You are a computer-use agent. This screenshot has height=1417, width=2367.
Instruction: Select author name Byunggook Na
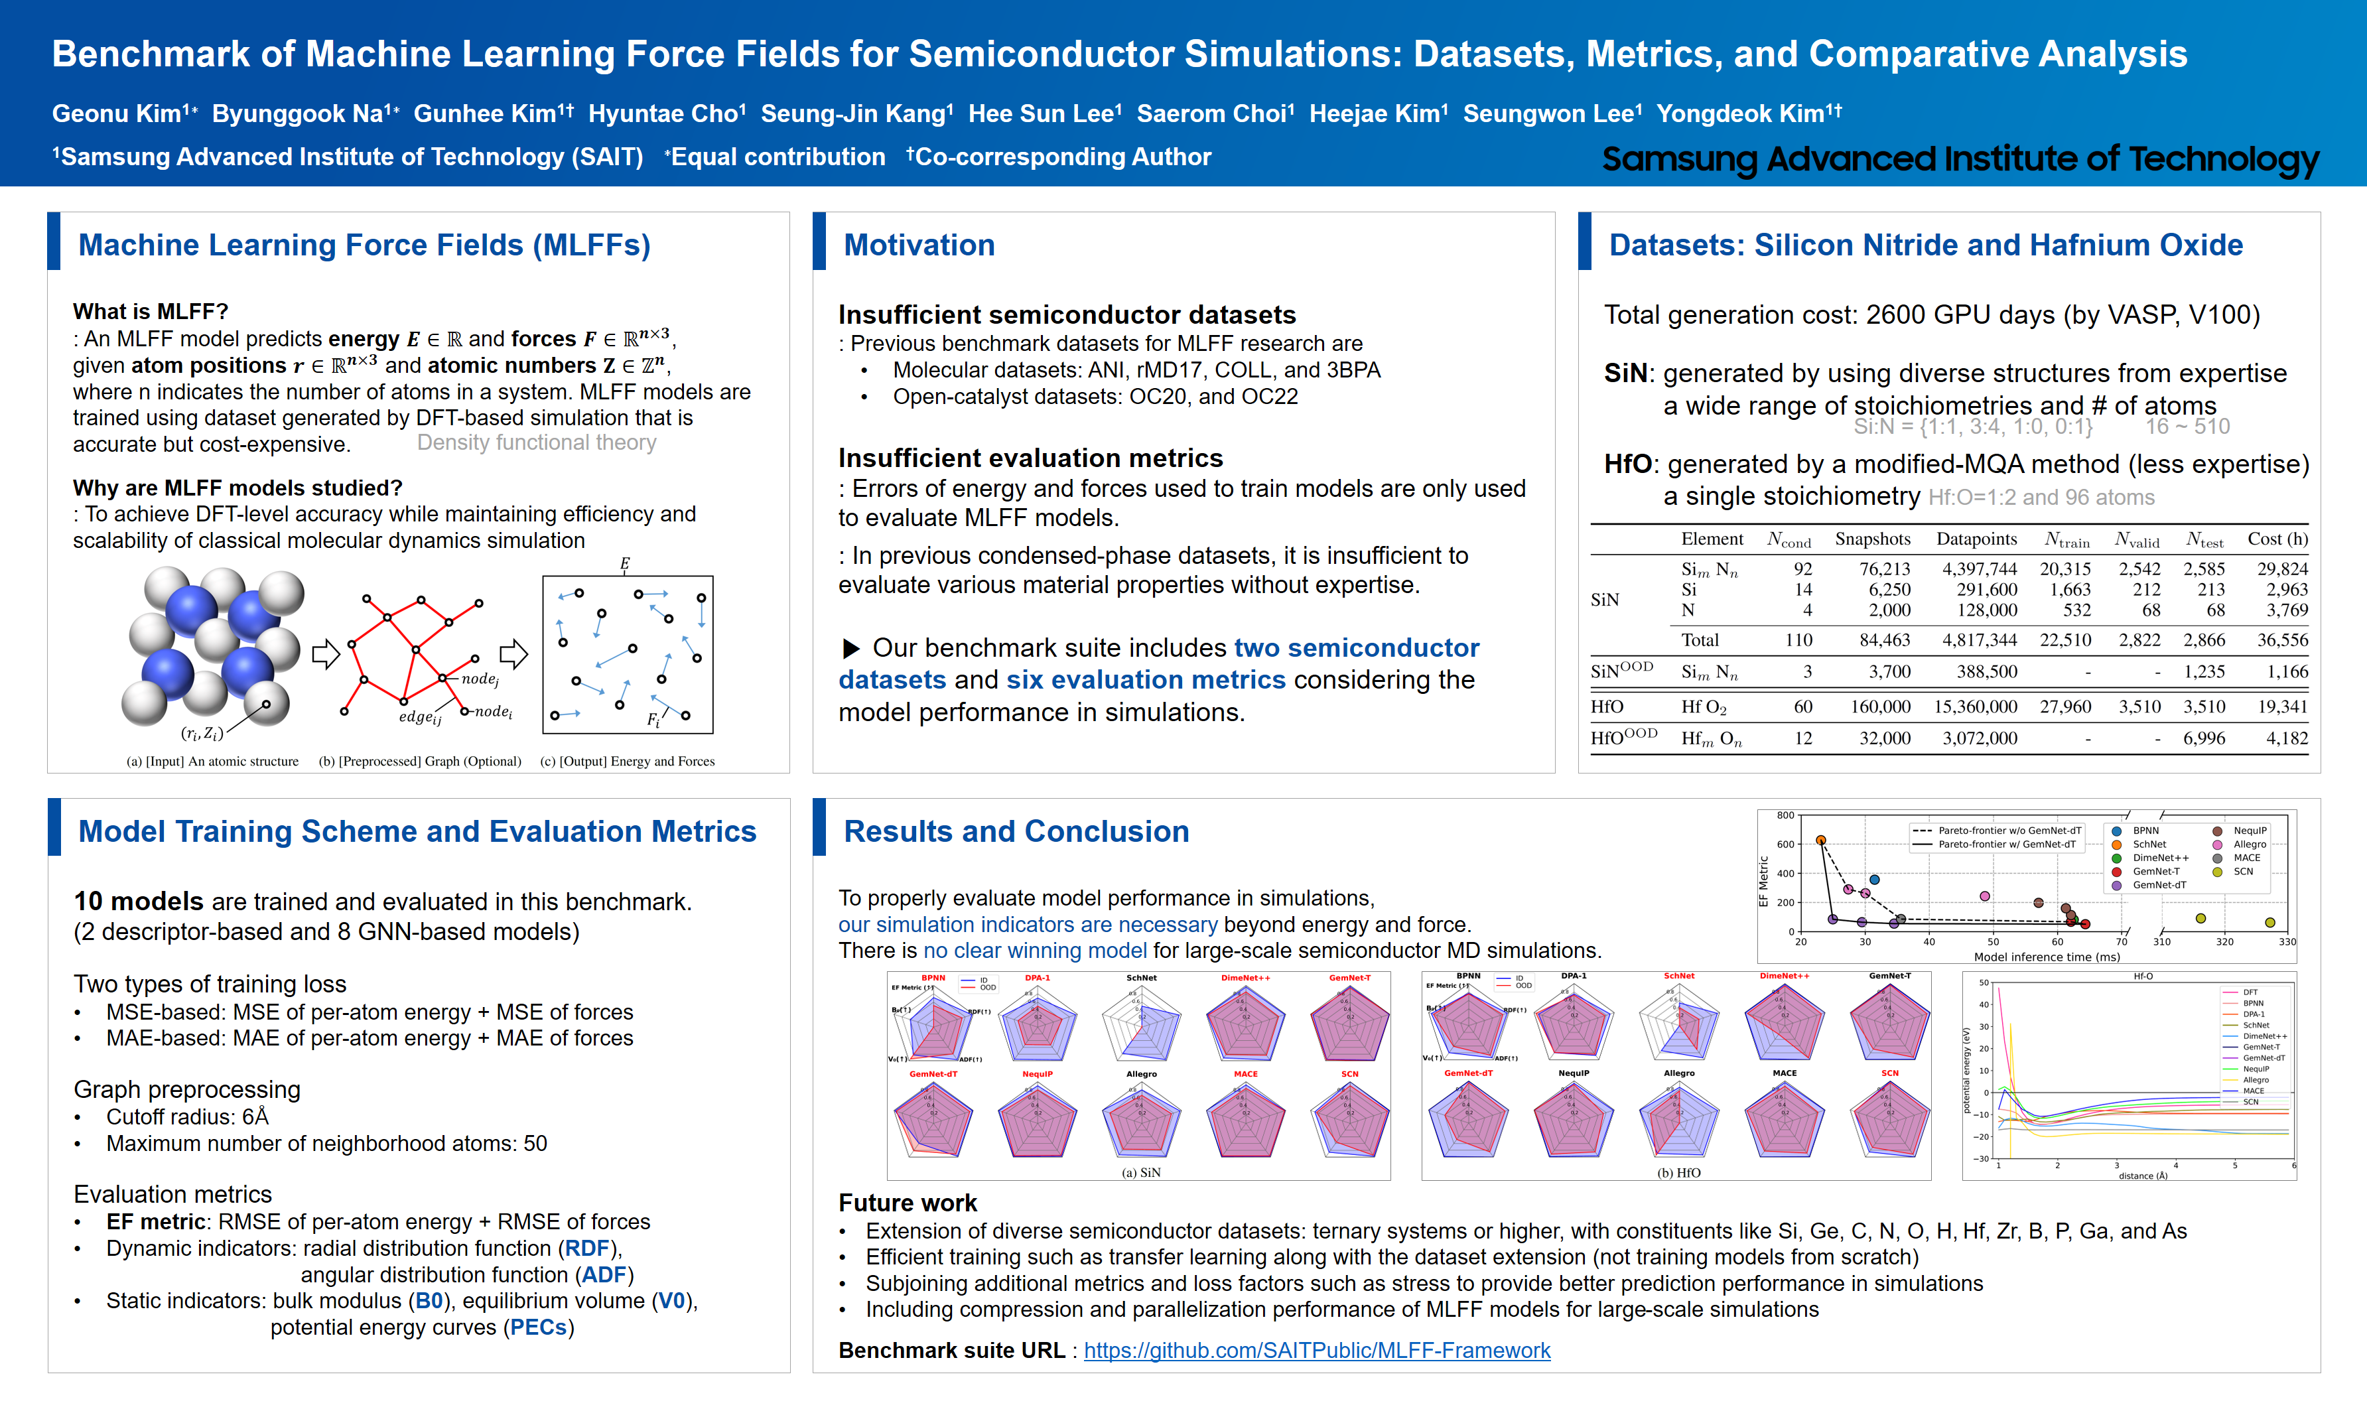[x=298, y=113]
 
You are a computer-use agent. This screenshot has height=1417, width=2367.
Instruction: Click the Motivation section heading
[x=919, y=245]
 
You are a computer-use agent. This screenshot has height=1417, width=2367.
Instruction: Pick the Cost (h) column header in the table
[x=2277, y=539]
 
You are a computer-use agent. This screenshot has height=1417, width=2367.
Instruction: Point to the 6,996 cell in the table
[x=2204, y=739]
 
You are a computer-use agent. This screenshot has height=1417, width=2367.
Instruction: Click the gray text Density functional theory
[x=537, y=443]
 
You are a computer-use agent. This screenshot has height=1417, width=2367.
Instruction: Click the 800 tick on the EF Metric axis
[x=1785, y=815]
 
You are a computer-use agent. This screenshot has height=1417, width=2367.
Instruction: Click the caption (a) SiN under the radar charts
[x=1141, y=1173]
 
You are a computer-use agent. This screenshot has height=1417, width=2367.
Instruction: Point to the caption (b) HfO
[x=1678, y=1173]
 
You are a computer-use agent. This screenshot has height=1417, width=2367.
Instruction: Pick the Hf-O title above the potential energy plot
[x=2143, y=977]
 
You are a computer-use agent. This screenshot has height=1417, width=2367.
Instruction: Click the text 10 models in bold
[x=139, y=902]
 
